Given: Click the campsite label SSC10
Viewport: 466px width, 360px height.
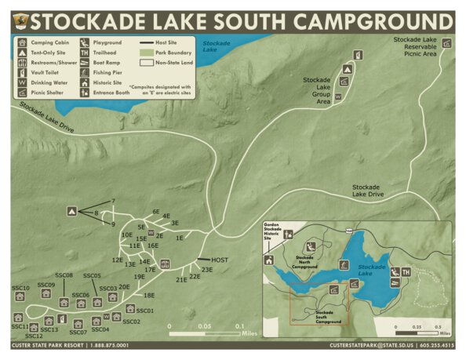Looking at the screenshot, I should [x=20, y=289].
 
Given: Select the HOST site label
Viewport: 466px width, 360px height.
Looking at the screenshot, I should [x=220, y=260].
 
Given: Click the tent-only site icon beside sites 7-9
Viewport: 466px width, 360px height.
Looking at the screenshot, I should [x=71, y=211].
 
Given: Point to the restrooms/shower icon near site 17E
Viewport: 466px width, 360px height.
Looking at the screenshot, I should [x=166, y=264].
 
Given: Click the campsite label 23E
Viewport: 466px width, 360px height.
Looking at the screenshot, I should [x=207, y=270].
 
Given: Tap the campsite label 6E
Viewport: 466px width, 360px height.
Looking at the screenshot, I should [x=156, y=212].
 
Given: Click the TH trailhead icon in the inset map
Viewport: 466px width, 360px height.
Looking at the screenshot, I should [x=406, y=272].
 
